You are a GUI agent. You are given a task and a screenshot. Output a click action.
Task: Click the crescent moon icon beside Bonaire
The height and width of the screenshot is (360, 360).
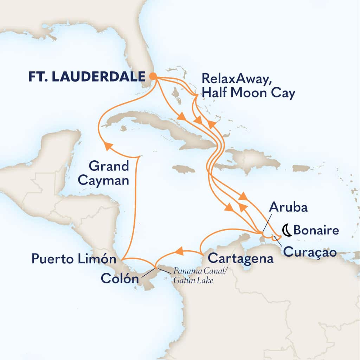[287, 230]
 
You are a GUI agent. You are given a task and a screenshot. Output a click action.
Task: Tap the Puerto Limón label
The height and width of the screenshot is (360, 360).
[74, 260]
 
